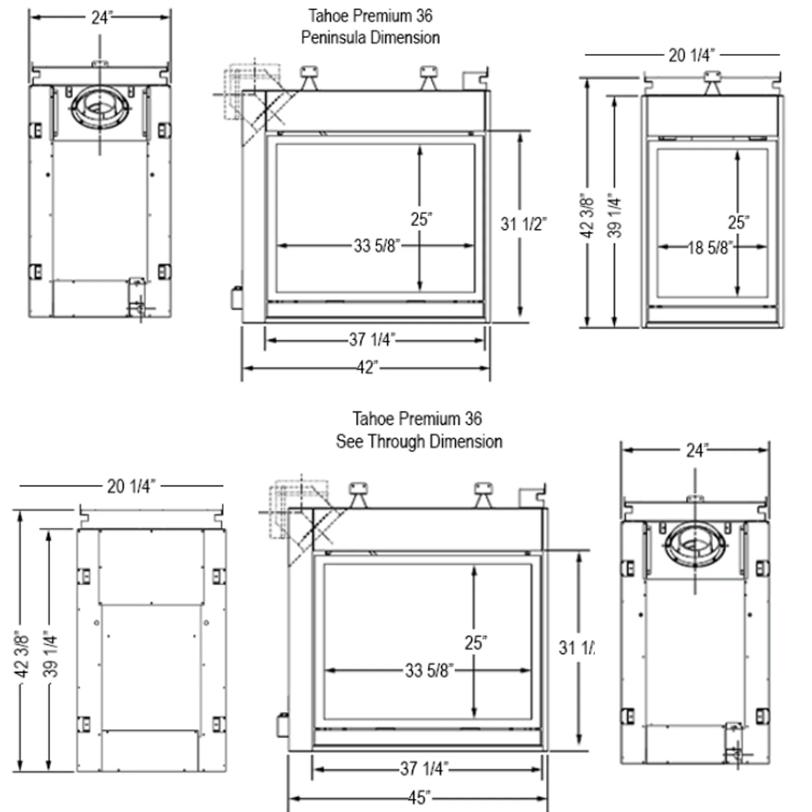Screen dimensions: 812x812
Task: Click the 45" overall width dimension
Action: tap(420, 797)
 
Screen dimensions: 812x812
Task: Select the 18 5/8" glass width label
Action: tap(710, 248)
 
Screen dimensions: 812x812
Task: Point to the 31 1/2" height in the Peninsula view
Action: tap(524, 224)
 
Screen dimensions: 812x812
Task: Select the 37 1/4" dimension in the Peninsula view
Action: tap(371, 340)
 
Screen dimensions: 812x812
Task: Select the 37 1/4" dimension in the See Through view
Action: tap(424, 768)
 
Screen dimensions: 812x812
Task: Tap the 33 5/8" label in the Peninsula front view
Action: tap(377, 246)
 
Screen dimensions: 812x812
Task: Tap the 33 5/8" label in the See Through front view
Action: tap(429, 670)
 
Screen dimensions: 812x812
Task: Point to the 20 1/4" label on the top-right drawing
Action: tap(691, 55)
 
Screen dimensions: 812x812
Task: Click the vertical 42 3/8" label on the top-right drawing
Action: tap(586, 215)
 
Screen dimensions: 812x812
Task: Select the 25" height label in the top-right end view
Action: tap(738, 222)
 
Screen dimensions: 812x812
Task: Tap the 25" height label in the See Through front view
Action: tap(476, 642)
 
